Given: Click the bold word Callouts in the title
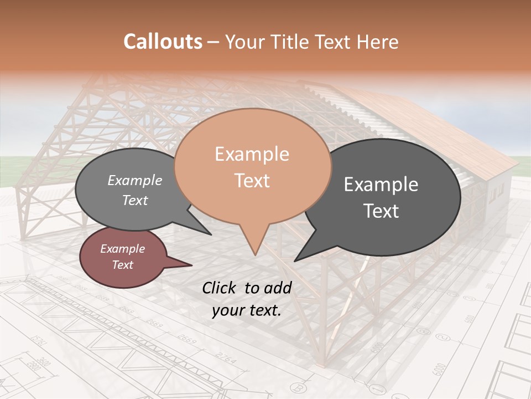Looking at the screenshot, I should pos(163,42).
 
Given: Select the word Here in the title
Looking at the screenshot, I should pos(378,42).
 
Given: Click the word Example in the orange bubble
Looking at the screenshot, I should pos(252,154).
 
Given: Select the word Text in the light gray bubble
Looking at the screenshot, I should pos(135,200).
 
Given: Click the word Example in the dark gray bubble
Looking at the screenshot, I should pos(381,185).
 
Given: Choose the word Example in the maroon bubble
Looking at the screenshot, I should pos(122,249).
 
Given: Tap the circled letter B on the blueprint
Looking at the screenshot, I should pos(299,387).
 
